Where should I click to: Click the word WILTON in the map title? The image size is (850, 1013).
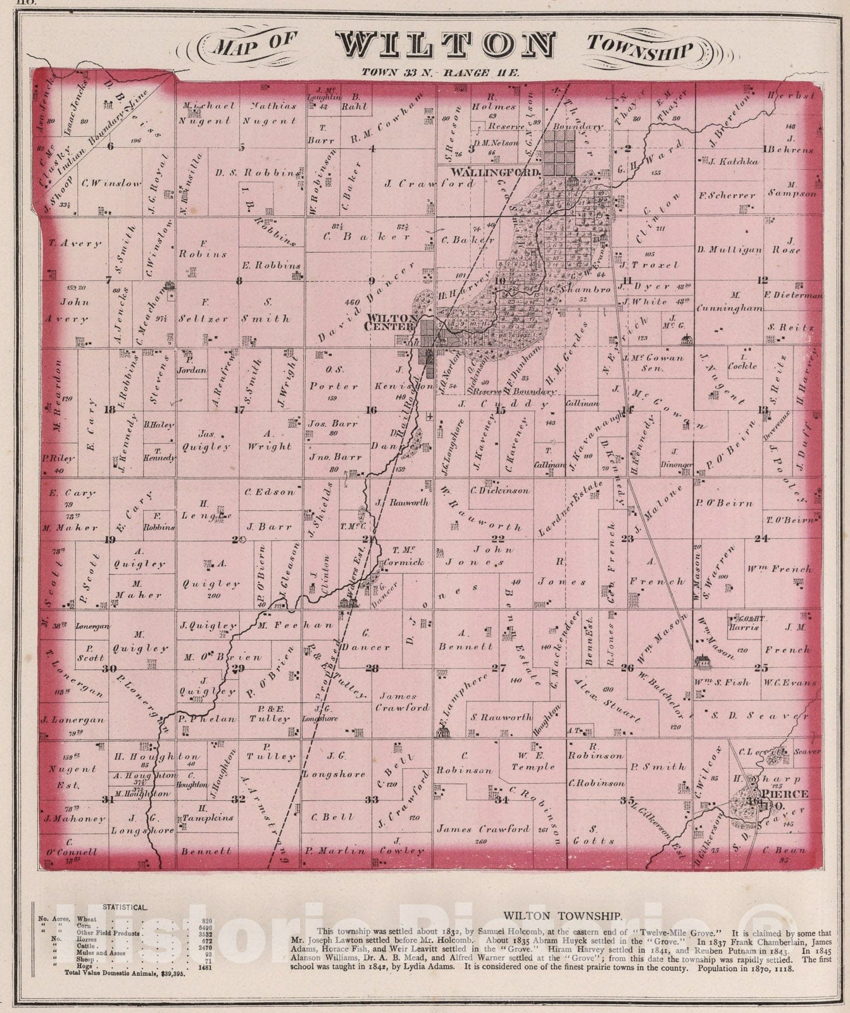click(x=446, y=46)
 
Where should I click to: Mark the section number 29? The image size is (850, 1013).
click(x=239, y=669)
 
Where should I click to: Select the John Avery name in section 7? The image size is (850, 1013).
click(x=67, y=310)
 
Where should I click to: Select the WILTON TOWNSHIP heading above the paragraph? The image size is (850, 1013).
click(x=563, y=915)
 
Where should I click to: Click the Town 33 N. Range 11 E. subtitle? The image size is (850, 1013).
click(x=441, y=72)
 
